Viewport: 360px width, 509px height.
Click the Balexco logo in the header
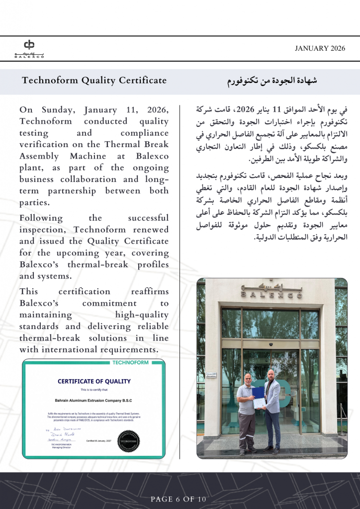click(29, 48)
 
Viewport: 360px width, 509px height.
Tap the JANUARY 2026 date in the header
click(319, 48)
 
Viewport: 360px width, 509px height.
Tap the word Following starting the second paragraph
click(41, 218)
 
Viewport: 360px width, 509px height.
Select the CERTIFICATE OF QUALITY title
click(94, 381)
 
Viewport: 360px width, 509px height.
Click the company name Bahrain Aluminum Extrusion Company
click(94, 400)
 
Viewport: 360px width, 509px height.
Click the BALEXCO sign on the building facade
click(271, 291)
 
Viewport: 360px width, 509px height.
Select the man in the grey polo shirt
click(246, 413)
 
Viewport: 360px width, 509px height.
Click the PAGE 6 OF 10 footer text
click(180, 499)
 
